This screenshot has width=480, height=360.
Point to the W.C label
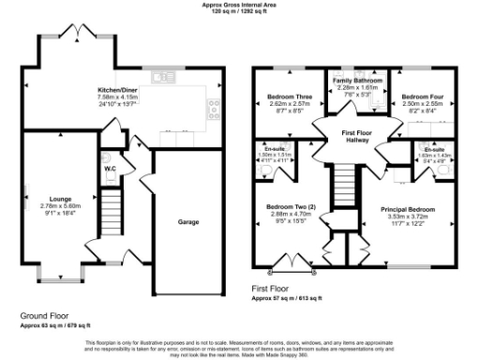click(x=110, y=170)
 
